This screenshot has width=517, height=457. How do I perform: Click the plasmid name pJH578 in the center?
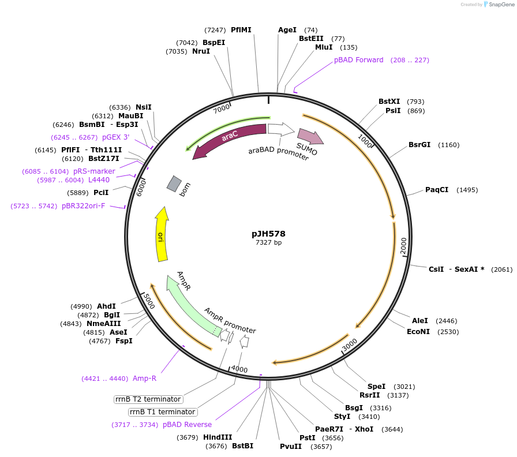(x=268, y=234)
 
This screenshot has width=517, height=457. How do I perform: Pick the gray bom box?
(x=174, y=183)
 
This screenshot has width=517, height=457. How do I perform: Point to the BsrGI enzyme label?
(x=419, y=145)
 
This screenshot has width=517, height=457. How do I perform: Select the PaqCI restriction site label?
(x=437, y=190)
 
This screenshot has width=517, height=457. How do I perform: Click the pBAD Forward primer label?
(x=358, y=60)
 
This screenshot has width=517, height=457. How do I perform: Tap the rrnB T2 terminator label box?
(x=148, y=399)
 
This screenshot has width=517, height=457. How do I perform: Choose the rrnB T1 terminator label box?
(x=163, y=412)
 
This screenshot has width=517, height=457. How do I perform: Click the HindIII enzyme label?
(x=218, y=437)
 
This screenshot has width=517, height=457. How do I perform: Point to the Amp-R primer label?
(x=144, y=379)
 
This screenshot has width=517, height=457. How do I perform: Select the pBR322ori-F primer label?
(x=84, y=206)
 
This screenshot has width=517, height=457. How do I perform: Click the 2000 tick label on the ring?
(x=403, y=245)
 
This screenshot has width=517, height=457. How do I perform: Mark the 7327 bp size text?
(x=268, y=243)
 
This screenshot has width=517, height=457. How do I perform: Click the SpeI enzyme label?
(x=376, y=387)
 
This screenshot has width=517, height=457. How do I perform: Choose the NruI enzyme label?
(x=201, y=51)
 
